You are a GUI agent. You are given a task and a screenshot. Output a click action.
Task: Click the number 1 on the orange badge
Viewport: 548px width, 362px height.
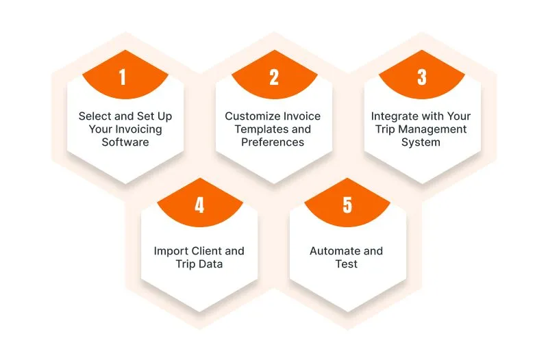pos(123,77)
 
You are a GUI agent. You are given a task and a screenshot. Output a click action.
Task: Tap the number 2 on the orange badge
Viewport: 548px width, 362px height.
pos(274,77)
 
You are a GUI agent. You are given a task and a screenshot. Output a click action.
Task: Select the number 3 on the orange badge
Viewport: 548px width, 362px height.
pos(422,77)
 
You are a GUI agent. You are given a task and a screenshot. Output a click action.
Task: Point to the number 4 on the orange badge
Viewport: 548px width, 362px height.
pos(199,205)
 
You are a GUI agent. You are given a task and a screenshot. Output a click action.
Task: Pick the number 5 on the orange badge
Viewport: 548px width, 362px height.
pos(347,205)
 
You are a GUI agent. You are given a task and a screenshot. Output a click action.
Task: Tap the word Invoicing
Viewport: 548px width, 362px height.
pos(138,129)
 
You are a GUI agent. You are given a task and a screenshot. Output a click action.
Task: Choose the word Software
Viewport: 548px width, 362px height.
pos(125,142)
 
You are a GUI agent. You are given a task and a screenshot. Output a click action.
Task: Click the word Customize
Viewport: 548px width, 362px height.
pos(250,116)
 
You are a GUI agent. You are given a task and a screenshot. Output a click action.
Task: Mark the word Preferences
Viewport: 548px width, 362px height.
pos(273,142)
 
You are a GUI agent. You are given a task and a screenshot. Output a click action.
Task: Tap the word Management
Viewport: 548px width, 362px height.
pos(432,129)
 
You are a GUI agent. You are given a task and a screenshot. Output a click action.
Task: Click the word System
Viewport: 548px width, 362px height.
pos(421,142)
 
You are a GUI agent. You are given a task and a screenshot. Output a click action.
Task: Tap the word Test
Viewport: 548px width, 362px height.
pos(347,264)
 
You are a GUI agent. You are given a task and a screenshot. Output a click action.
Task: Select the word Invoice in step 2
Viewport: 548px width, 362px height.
pos(299,116)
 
